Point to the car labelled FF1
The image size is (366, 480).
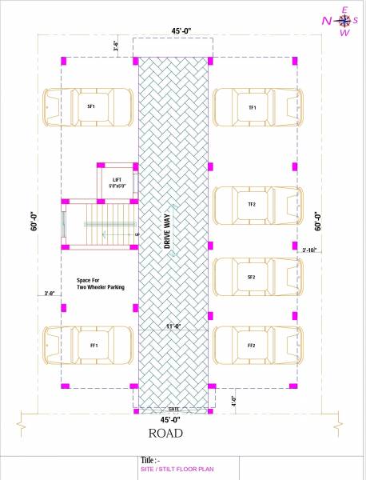(x=88, y=345)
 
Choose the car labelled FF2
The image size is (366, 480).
(x=257, y=345)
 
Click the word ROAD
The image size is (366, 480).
(x=165, y=434)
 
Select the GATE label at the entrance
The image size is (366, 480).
(x=173, y=408)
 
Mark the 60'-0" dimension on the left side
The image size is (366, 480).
(x=34, y=222)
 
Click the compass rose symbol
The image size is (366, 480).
(x=344, y=21)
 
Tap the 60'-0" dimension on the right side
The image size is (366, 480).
(x=317, y=222)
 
